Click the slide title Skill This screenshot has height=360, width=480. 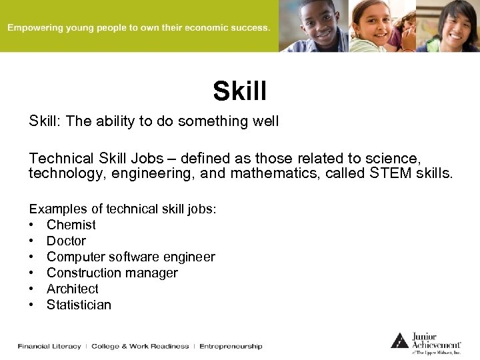coord(239,91)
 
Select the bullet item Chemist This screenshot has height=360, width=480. coord(71,225)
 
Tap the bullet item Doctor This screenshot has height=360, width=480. coord(66,241)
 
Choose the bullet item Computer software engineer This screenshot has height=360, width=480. coord(131,257)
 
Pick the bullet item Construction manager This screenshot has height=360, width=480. coord(112,273)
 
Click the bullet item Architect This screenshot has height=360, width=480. coord(72,289)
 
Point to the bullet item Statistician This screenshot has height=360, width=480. coord(79,305)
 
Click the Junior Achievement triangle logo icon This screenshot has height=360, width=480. coord(399,340)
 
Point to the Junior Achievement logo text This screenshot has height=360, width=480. coord(436,340)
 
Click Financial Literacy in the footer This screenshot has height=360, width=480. coord(49,346)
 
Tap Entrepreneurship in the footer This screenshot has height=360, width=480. coord(231,346)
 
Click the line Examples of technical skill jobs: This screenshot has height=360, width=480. coord(122,209)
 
